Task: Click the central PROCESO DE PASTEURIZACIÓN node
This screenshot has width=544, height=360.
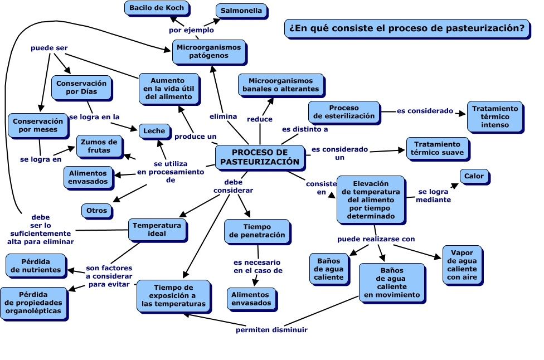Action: point(260,157)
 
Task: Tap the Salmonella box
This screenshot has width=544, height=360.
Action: point(241,11)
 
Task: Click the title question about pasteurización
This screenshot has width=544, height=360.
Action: point(407,28)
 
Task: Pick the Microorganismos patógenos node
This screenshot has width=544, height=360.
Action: point(210,52)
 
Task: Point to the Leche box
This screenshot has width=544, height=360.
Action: point(154,131)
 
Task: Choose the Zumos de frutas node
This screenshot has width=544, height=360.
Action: point(99,145)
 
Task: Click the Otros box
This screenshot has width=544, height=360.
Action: point(97,211)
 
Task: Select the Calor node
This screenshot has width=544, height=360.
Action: point(475,177)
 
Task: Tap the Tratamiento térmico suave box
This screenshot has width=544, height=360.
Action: point(437,148)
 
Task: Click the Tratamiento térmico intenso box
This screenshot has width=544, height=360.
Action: point(495,116)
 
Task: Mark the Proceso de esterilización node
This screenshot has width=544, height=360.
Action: point(343,112)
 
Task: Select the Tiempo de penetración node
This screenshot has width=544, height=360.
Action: point(257,231)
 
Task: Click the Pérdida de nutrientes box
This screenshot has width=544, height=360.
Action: point(36,266)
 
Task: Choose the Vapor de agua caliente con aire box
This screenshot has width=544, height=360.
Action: point(462,264)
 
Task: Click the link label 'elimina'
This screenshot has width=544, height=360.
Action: point(223,116)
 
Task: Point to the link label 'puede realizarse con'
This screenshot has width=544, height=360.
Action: point(376,239)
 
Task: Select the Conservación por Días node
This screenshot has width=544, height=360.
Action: point(82,87)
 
